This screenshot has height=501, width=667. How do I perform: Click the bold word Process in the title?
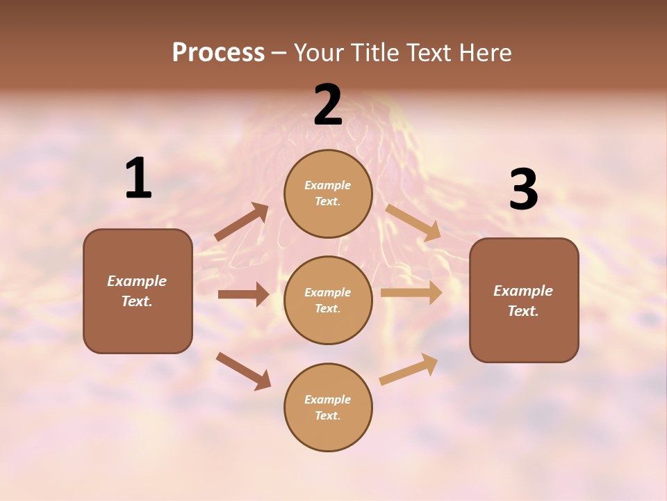coord(218,53)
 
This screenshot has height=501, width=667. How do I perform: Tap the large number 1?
coord(138,178)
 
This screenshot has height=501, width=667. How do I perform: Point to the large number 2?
coord(328,105)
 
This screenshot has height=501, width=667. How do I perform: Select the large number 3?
coord(523,189)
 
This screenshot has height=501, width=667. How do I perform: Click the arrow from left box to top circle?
coord(242,222)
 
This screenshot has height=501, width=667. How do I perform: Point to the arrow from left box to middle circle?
coord(242,294)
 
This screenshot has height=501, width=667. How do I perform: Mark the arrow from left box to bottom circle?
coord(243,371)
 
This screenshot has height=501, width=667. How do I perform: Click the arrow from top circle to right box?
coord(413,223)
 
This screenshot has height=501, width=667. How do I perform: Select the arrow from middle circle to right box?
coord(411,293)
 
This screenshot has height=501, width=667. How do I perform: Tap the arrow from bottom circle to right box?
coord(409,369)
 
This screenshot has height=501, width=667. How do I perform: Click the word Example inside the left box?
coord(137,281)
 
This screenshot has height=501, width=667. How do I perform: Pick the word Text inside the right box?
coord(522,311)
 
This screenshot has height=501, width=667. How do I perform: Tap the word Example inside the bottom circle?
coord(328,399)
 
